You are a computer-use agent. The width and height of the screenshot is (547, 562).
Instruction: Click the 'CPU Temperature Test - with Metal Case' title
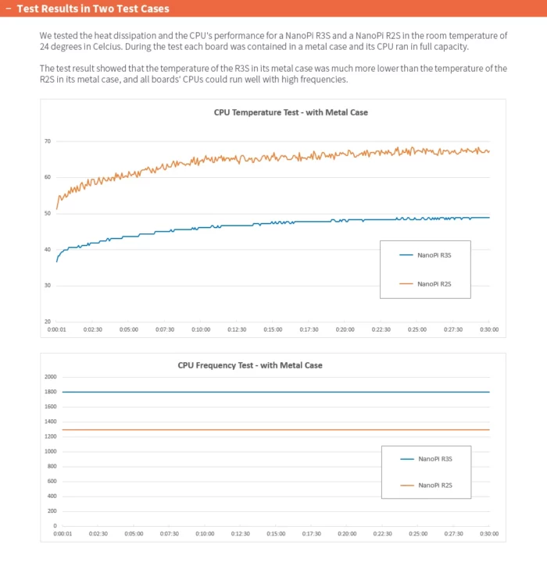click(x=291, y=112)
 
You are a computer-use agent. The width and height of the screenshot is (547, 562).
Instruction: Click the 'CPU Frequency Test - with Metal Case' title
click(x=250, y=365)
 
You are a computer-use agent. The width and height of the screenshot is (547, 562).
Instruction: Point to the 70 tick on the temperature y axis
click(x=47, y=141)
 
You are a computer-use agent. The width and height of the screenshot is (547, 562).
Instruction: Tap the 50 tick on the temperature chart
click(x=47, y=213)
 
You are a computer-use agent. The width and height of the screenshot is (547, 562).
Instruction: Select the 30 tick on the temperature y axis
click(x=47, y=286)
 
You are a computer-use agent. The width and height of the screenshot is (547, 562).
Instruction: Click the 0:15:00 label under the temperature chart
click(x=273, y=330)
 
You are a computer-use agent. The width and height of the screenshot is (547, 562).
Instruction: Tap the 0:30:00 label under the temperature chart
click(x=489, y=330)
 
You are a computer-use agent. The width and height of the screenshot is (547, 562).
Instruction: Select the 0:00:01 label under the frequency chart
click(x=63, y=534)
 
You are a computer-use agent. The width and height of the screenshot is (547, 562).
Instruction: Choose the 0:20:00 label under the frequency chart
click(x=347, y=534)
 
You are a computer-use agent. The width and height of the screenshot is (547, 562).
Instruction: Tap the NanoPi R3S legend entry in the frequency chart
click(x=434, y=459)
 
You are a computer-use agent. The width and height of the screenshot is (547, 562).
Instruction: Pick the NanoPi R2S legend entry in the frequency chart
click(x=434, y=486)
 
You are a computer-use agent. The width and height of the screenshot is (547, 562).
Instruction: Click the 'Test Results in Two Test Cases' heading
click(x=93, y=9)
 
